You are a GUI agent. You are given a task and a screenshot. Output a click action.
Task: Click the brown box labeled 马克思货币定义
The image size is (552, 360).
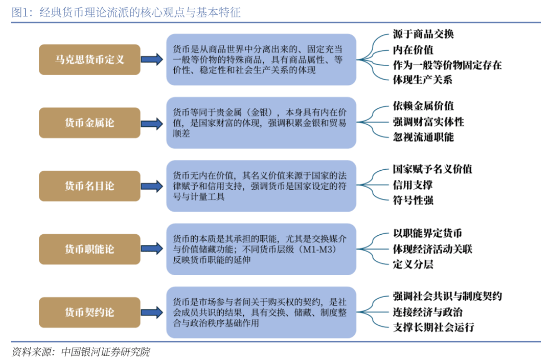89,59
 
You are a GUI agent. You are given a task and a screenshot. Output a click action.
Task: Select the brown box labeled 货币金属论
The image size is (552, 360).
89,123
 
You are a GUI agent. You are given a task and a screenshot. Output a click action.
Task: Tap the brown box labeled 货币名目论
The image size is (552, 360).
89,186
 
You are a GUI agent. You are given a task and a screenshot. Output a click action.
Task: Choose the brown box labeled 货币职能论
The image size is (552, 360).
89,249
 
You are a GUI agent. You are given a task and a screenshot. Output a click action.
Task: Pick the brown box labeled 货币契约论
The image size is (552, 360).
89,312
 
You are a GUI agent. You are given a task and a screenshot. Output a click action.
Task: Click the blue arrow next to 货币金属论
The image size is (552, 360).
152,124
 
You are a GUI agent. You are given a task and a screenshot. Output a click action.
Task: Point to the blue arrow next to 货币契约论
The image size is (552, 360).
152,312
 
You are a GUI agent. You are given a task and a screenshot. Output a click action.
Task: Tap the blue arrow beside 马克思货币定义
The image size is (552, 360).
152,59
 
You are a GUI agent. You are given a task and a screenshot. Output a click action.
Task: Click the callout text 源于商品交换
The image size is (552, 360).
423,34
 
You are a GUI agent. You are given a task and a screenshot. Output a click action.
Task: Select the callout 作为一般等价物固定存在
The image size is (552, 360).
447,65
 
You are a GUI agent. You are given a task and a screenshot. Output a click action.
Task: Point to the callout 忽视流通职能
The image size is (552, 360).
423,137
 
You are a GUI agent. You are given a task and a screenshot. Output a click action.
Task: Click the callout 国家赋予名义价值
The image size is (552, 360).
433,169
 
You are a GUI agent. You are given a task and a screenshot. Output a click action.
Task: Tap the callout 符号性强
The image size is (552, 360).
413,200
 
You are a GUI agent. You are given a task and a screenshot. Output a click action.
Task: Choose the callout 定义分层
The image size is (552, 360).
413,264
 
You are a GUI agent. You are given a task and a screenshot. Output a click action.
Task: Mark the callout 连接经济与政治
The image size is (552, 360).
428,312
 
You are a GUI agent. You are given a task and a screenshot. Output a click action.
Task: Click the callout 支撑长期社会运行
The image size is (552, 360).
433,327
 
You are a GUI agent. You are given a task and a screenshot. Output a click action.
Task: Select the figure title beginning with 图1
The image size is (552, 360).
126,12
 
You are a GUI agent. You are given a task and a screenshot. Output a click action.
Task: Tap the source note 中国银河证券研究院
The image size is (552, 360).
106,351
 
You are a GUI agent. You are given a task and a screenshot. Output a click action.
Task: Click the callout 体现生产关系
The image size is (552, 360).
423,80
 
